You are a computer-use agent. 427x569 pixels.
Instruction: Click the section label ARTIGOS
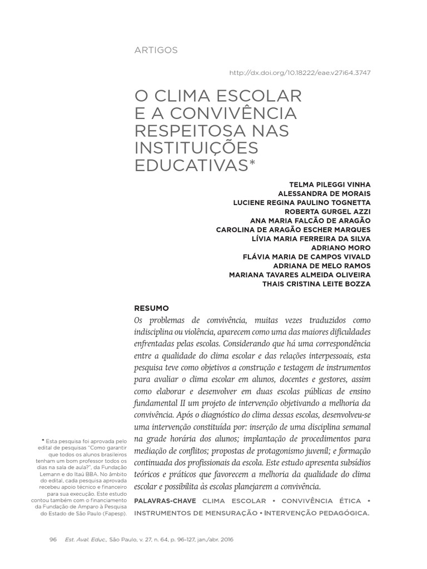(156, 50)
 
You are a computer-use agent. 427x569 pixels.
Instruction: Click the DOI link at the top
(300, 73)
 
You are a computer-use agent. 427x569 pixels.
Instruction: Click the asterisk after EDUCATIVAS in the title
(254, 163)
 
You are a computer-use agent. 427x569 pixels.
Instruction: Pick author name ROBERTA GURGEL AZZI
(327, 211)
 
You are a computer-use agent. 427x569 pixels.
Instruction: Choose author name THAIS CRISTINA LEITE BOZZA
(316, 283)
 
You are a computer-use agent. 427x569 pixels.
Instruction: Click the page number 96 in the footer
(54, 540)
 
